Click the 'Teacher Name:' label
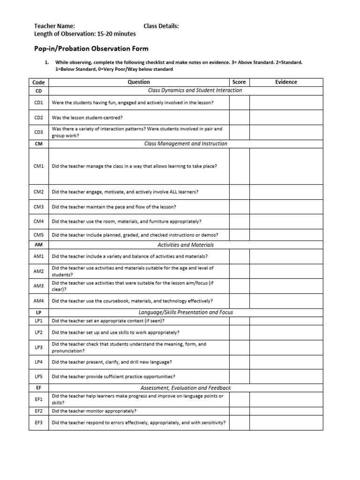coord(54,26)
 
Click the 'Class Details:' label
coord(161,26)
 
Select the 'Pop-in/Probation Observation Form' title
coord(91,48)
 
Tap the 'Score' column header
coord(239,82)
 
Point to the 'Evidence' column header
coord(286,82)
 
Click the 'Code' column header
coord(39,82)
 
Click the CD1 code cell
coord(39,102)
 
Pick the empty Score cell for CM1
coord(239,166)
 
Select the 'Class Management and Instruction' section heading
coord(186,144)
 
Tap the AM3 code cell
coord(39,286)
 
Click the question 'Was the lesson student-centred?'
coord(87,117)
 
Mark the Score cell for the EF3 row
coord(239,422)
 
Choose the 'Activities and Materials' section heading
coord(186,245)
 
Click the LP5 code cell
coord(39,376)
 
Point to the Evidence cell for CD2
coord(286,117)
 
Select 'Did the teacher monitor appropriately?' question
coord(94,411)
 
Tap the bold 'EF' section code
coord(39,388)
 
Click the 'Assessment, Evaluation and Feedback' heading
coord(186,388)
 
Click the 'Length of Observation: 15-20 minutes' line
coord(85,34)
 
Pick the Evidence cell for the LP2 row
coord(286,332)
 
